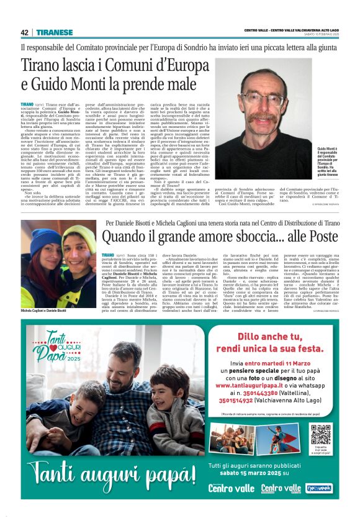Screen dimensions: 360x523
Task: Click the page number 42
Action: (24, 32)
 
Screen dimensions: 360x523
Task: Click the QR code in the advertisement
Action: (321, 434)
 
